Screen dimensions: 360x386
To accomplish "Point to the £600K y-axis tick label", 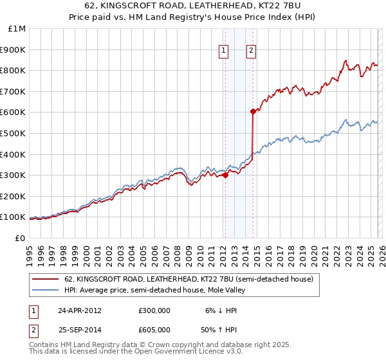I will click(x=14, y=113).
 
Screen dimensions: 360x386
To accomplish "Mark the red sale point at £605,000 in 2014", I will click(x=253, y=111).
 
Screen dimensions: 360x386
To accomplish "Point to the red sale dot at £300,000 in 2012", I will click(x=225, y=175).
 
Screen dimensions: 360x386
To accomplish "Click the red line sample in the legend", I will click(x=46, y=279).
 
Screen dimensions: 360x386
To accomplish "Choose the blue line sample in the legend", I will click(x=46, y=290).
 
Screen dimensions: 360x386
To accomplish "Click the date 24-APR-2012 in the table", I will click(x=79, y=310).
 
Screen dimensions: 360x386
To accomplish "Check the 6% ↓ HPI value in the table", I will click(x=216, y=310).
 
